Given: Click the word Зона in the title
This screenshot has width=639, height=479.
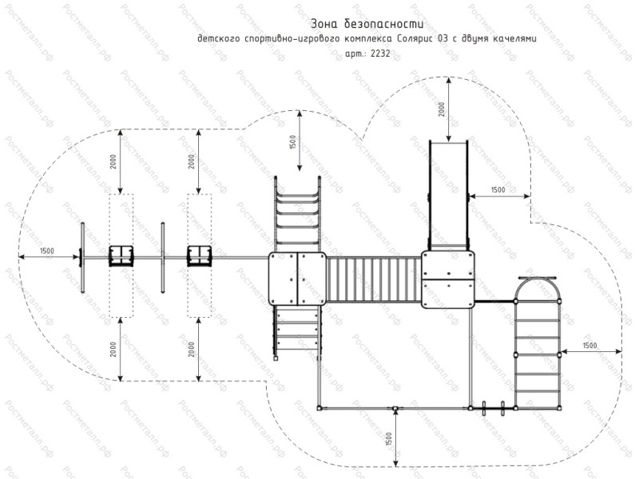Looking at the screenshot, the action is (324, 24).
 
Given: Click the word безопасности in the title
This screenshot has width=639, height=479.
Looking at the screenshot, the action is (384, 24).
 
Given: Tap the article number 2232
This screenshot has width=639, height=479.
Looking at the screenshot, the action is (380, 53).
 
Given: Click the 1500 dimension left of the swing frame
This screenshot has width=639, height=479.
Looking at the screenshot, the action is (47, 251).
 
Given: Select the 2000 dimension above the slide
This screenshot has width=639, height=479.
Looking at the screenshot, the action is (442, 109).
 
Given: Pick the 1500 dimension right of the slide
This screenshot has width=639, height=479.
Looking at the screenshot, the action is (498, 190).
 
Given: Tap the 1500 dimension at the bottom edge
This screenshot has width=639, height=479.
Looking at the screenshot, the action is (388, 440).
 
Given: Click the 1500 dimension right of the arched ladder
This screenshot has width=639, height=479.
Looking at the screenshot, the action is (589, 346).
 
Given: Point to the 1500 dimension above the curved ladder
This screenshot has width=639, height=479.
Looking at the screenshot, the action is (293, 142).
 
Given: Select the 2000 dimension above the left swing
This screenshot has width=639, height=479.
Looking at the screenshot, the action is (113, 162).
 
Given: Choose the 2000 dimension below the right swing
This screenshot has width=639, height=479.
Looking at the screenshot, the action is (192, 350).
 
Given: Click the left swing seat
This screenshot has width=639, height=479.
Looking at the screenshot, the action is (121, 255).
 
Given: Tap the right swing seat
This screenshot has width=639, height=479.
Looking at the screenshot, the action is (199, 255).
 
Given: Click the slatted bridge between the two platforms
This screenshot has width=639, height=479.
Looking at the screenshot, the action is (374, 280).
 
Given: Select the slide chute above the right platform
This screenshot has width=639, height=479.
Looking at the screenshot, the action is (448, 196).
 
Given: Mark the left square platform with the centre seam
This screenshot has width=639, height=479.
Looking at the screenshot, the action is (297, 279).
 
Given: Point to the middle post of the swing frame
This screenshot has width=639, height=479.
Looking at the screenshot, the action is (163, 258).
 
